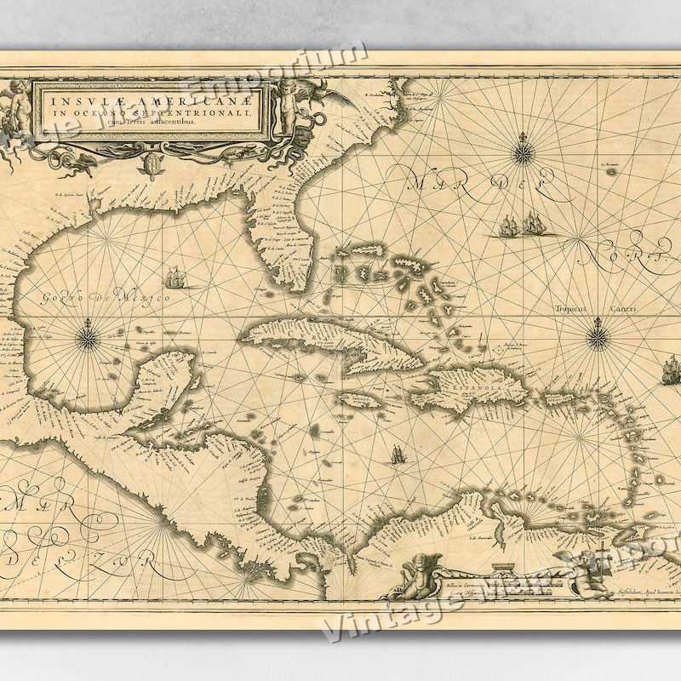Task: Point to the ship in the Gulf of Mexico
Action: click(x=174, y=278)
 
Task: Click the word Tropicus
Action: click(x=572, y=310)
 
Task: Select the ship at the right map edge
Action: click(x=669, y=369)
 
